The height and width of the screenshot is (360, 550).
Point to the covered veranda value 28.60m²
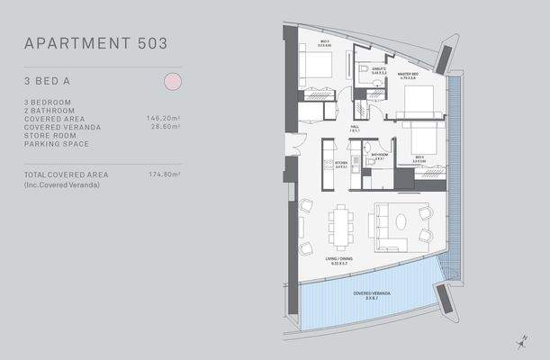(x=165, y=127)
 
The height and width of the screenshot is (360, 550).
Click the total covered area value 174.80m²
(x=163, y=175)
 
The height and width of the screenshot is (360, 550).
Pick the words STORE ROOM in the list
(x=48, y=135)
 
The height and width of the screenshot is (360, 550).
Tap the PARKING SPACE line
(x=54, y=144)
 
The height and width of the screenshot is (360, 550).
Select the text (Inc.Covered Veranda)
(x=60, y=184)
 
